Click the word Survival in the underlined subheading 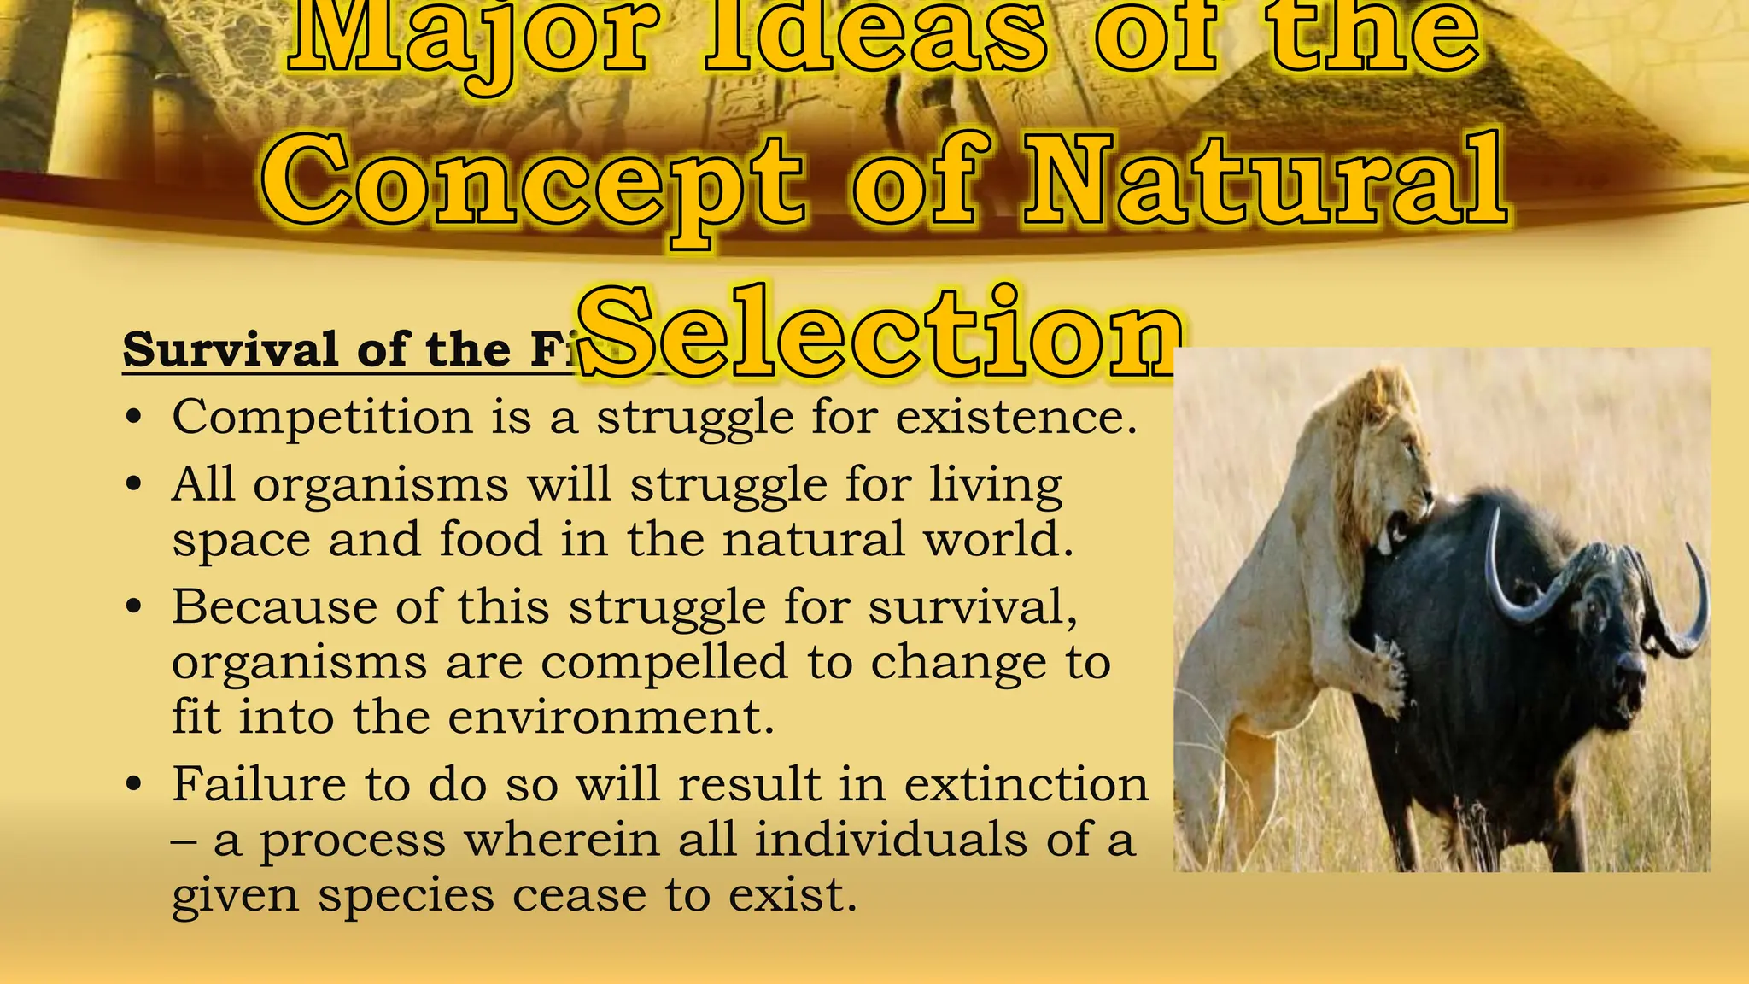coord(231,349)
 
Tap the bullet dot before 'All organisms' coord(132,484)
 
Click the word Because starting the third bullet coord(274,607)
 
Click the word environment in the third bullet coord(611,717)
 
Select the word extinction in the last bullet coord(1026,784)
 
